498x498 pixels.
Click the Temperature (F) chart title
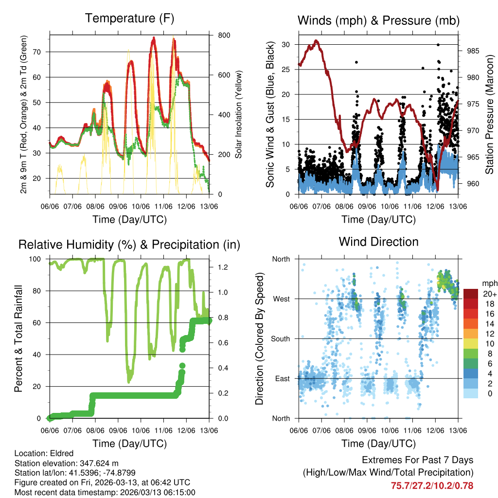tap(129, 18)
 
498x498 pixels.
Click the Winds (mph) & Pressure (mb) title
tap(378, 20)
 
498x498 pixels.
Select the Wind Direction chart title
tap(378, 242)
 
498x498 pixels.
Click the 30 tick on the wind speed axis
tap(287, 44)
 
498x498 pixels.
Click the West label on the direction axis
tap(281, 299)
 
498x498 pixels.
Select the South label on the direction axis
tap(280, 339)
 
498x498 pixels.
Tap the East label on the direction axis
tap(282, 379)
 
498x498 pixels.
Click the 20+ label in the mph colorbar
tap(489, 294)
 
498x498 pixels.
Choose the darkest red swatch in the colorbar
tap(470, 294)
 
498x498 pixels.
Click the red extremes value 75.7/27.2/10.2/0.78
tap(432, 485)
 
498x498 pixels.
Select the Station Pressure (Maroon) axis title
tap(490, 108)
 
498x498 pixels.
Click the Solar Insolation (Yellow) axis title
tap(238, 114)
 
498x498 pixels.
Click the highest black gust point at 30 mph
tap(438, 44)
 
